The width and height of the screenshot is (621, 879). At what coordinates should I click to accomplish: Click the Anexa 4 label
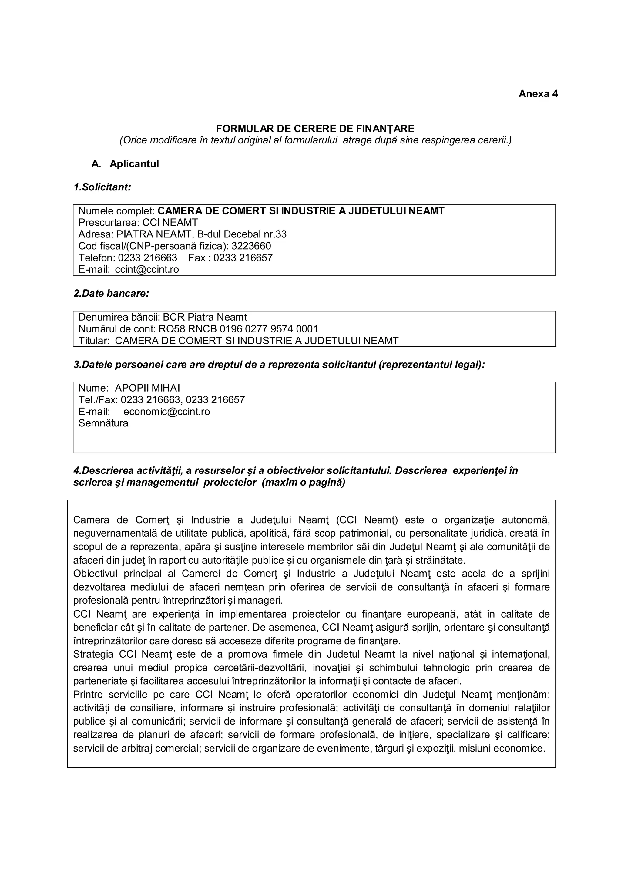click(x=538, y=94)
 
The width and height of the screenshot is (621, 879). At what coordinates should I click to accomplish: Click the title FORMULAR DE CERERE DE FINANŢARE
click(x=315, y=128)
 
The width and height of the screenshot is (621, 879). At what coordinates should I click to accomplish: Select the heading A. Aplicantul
click(x=125, y=164)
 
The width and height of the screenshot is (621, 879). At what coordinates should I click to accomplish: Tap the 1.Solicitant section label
click(x=102, y=187)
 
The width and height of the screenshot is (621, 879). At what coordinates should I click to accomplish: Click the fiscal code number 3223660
click(x=251, y=246)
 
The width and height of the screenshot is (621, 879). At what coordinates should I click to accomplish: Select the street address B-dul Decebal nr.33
click(x=242, y=234)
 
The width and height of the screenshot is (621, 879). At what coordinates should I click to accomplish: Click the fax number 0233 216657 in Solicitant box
click(x=243, y=258)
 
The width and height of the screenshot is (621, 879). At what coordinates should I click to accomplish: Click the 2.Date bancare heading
click(x=111, y=294)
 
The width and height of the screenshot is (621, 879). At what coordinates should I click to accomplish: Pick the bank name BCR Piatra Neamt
click(x=205, y=317)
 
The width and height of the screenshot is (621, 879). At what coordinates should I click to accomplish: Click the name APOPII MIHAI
click(x=147, y=388)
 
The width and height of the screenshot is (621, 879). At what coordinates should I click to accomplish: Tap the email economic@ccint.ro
click(x=166, y=412)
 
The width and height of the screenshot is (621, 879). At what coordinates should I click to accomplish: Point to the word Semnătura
click(x=103, y=423)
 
